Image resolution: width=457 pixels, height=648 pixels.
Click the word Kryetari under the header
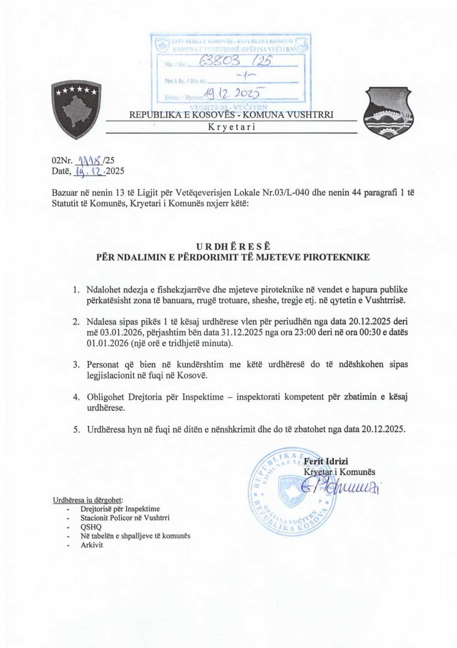pos(232,127)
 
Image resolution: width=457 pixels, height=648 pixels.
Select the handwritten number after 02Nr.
pos(90,160)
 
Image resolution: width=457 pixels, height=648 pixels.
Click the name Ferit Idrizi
pos(326,462)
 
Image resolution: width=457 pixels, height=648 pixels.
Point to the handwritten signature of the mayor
pos(341,488)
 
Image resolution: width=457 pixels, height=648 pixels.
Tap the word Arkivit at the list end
pos(92,545)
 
